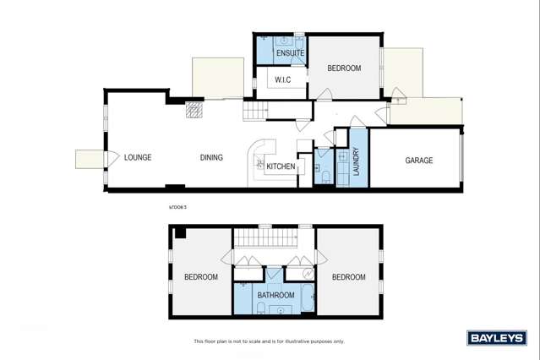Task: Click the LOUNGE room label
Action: (137, 158)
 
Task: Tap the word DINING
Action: (211, 158)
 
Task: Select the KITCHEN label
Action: (281, 166)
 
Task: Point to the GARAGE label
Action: (418, 161)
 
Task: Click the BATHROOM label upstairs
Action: (276, 295)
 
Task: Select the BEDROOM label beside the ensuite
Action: (344, 68)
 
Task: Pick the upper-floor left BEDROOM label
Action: (201, 277)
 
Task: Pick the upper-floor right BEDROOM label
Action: (348, 277)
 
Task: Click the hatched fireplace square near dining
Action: (195, 110)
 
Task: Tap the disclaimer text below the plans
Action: (269, 341)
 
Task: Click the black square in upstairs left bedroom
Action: (178, 233)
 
